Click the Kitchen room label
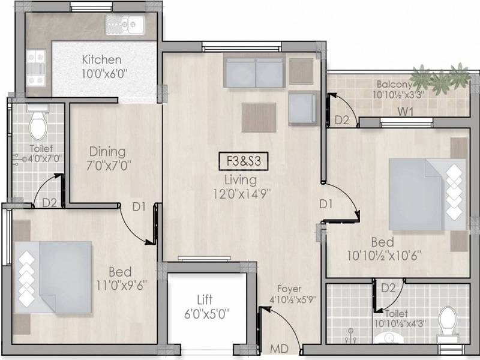tap(101, 60)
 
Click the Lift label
tap(205, 299)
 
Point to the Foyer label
tap(289, 289)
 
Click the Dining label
tap(107, 151)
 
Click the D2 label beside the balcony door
tap(341, 120)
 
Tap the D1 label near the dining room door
tap(139, 206)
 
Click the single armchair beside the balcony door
tap(302, 108)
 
